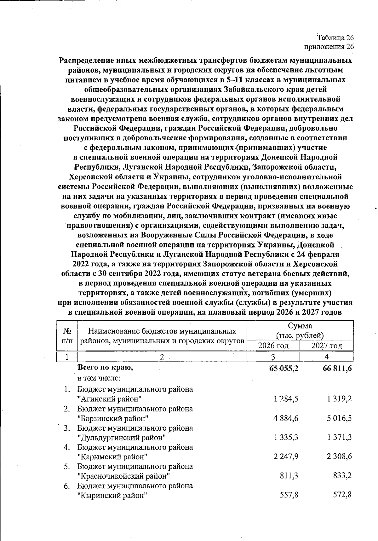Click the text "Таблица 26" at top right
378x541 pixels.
pyautogui.click(x=335, y=38)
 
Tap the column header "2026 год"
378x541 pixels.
pyautogui.click(x=273, y=346)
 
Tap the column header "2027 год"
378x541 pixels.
pyautogui.click(x=327, y=346)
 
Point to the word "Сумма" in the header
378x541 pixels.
pyautogui.click(x=300, y=326)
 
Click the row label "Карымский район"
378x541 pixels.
pyautogui.click(x=112, y=457)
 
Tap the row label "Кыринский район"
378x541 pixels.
pyautogui.click(x=112, y=495)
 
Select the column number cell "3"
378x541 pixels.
pyautogui.click(x=273, y=357)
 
